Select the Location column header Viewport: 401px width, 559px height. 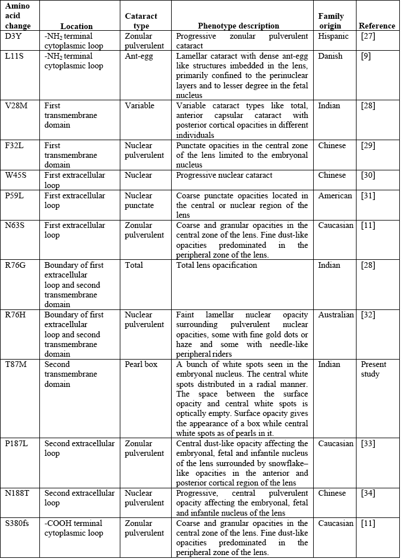[76, 26]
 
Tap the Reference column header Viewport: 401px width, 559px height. [376, 26]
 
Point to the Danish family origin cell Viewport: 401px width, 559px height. [331, 56]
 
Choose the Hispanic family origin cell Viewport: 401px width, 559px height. [334, 36]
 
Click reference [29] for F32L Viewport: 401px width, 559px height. [368, 146]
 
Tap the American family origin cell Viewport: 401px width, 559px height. [335, 195]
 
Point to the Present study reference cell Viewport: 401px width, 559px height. [373, 369]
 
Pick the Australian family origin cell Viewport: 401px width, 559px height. [336, 315]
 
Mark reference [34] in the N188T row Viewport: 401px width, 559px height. [368, 493]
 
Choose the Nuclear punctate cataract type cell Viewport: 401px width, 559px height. [140, 200]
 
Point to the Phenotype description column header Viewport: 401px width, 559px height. [238, 26]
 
